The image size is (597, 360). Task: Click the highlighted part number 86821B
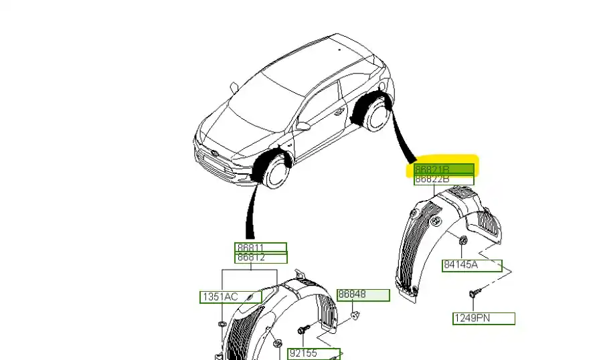(x=444, y=169)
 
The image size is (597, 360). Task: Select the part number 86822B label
(x=444, y=179)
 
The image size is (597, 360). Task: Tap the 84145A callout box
(x=472, y=266)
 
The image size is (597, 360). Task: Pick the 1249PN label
(x=483, y=319)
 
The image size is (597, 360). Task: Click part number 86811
(x=260, y=248)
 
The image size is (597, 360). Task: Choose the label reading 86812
(x=260, y=258)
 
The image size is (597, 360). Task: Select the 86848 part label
(x=363, y=295)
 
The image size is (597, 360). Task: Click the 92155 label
(x=315, y=353)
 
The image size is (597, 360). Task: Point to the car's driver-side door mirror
(x=303, y=126)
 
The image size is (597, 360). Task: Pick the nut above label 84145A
(x=463, y=240)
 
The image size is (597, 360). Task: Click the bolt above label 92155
(x=303, y=330)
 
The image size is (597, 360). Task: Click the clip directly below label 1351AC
(x=221, y=325)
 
